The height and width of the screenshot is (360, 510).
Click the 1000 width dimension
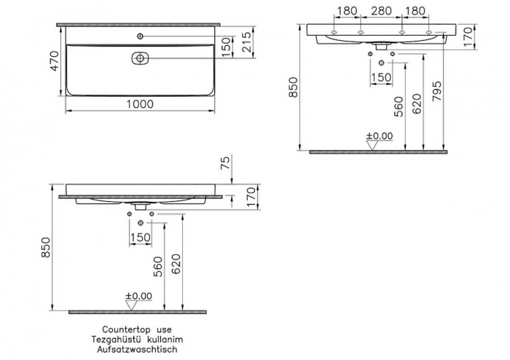(x=140, y=104)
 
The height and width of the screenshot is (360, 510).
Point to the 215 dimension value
(x=248, y=43)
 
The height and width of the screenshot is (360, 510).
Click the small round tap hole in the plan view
(x=140, y=36)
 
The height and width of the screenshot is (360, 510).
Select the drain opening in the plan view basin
(x=140, y=58)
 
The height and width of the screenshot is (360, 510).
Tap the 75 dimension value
(x=227, y=163)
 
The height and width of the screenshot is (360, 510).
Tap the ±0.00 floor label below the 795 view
(x=378, y=136)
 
